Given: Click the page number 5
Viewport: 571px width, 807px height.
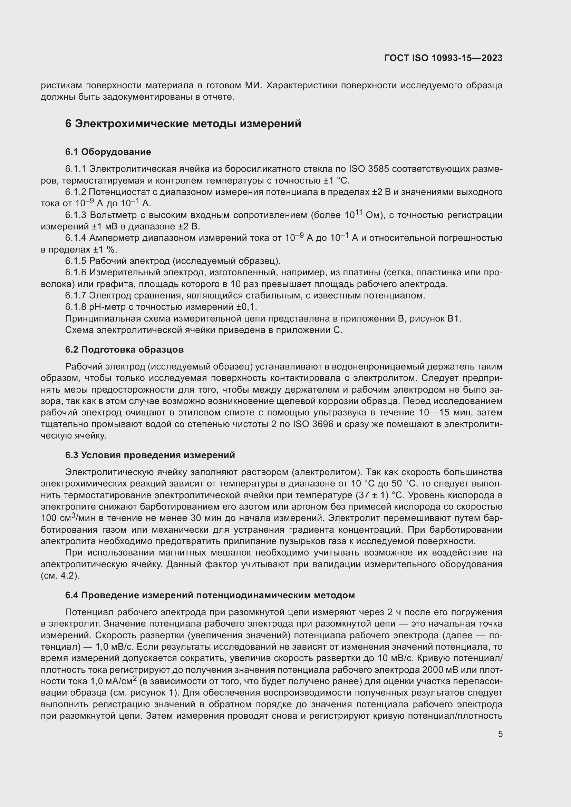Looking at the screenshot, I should pyautogui.click(x=500, y=734).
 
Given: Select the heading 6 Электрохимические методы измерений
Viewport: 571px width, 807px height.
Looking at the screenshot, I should pyautogui.click(x=183, y=124).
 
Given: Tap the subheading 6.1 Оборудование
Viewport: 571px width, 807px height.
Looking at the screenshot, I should pyautogui.click(x=108, y=152).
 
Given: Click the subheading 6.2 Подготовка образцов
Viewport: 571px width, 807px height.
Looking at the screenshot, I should pyautogui.click(x=124, y=350).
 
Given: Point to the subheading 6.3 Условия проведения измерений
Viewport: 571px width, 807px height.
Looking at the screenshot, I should pyautogui.click(x=150, y=455).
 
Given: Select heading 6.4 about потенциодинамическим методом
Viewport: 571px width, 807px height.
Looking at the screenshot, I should pyautogui.click(x=210, y=596).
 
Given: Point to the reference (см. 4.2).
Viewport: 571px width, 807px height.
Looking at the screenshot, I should pyautogui.click(x=60, y=576).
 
